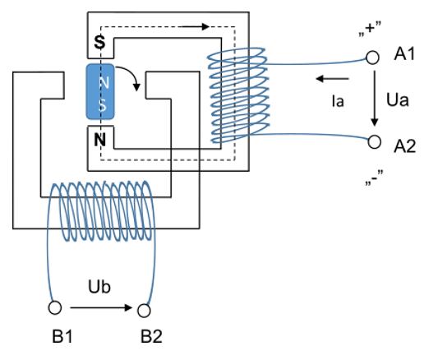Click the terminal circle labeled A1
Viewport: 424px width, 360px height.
(372, 58)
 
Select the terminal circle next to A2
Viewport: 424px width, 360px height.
(374, 142)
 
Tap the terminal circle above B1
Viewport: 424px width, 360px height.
(55, 307)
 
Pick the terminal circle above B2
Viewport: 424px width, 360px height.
(144, 311)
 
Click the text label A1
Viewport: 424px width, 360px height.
(404, 54)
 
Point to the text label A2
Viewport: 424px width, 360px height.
(404, 146)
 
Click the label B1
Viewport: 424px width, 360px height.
(62, 336)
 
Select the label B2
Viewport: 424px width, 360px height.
(151, 336)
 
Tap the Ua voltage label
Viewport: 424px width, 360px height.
(398, 99)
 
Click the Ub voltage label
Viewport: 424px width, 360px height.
(99, 287)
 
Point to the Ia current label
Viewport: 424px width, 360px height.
(338, 101)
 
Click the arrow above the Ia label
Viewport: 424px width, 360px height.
(332, 79)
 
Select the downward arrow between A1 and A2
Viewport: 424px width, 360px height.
(375, 98)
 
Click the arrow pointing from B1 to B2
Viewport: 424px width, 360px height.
(101, 307)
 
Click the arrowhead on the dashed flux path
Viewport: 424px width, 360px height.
(205, 26)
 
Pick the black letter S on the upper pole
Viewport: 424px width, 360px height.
(99, 43)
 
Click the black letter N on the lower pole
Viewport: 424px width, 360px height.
(99, 140)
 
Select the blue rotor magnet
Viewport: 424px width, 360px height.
(100, 92)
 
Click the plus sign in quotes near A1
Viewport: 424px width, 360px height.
(370, 29)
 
